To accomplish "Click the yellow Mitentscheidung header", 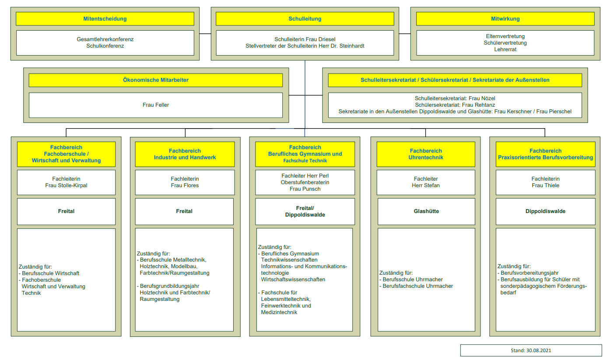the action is point(105,19).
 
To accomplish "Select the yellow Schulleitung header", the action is point(305,19).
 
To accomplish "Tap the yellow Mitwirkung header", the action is point(505,19).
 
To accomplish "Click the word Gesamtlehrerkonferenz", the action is point(105,39).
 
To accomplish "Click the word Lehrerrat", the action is point(505,49).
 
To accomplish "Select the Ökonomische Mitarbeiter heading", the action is point(156,80).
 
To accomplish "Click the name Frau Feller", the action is point(156,105).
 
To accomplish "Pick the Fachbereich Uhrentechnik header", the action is point(426,154).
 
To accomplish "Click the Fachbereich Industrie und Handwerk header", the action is point(185,154).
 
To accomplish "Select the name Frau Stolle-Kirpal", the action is point(66,185).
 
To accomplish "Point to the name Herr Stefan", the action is point(426,185).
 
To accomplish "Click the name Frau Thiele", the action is point(546,185).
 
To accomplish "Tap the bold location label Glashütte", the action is point(427,211).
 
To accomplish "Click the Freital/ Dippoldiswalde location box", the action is point(305,212).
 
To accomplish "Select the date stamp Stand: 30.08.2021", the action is point(531,350).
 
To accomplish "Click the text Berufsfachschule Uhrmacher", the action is point(418,286).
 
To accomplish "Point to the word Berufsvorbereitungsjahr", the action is point(529,273).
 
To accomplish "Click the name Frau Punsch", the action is point(305,189).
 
